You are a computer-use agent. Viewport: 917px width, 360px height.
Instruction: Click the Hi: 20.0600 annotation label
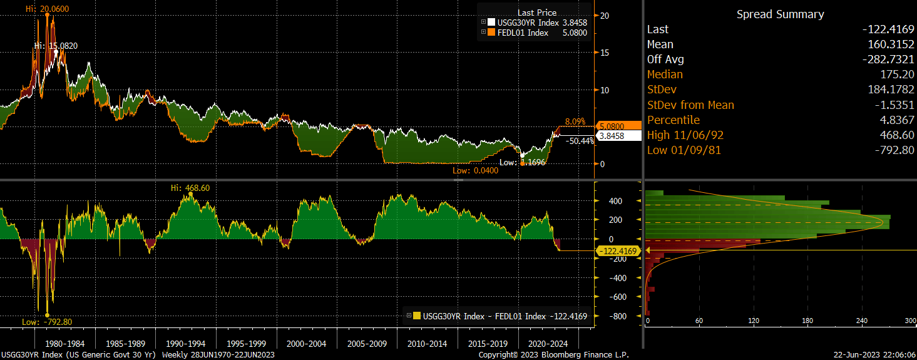click(48, 9)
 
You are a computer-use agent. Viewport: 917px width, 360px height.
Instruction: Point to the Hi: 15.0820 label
click(56, 46)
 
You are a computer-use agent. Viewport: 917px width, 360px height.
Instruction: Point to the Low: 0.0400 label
click(475, 170)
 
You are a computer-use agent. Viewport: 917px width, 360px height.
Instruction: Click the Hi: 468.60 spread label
click(190, 188)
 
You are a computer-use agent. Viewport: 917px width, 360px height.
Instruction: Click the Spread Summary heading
click(780, 14)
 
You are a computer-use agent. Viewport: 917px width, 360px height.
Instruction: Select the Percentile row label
click(674, 120)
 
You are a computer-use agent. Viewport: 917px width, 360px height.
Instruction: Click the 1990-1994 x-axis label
click(187, 344)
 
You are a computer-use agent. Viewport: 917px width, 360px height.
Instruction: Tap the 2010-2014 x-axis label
click(427, 344)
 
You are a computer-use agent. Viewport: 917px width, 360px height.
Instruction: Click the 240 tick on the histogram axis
click(861, 321)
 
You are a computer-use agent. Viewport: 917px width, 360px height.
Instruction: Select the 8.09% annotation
click(575, 121)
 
